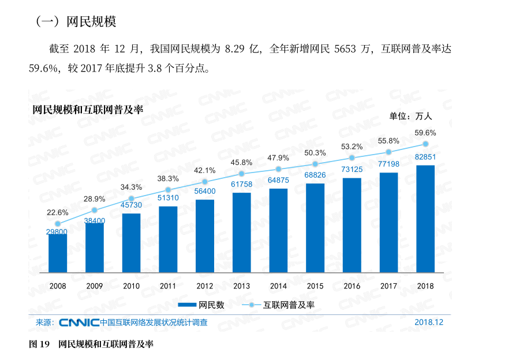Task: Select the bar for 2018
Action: [425, 219]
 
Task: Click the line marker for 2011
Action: [168, 190]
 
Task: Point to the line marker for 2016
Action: [352, 157]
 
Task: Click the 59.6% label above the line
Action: [425, 132]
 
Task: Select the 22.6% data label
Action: [58, 212]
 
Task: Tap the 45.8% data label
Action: [241, 162]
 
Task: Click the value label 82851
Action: [425, 157]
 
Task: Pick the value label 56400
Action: [205, 191]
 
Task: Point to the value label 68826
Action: [315, 175]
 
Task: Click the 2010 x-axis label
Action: [132, 286]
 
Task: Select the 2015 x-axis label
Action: [315, 286]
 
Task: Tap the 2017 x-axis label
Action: [388, 286]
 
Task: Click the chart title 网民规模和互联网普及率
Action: [88, 109]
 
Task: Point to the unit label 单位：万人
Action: [410, 116]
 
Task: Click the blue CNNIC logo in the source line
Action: [79, 322]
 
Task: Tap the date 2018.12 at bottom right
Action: [429, 322]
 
